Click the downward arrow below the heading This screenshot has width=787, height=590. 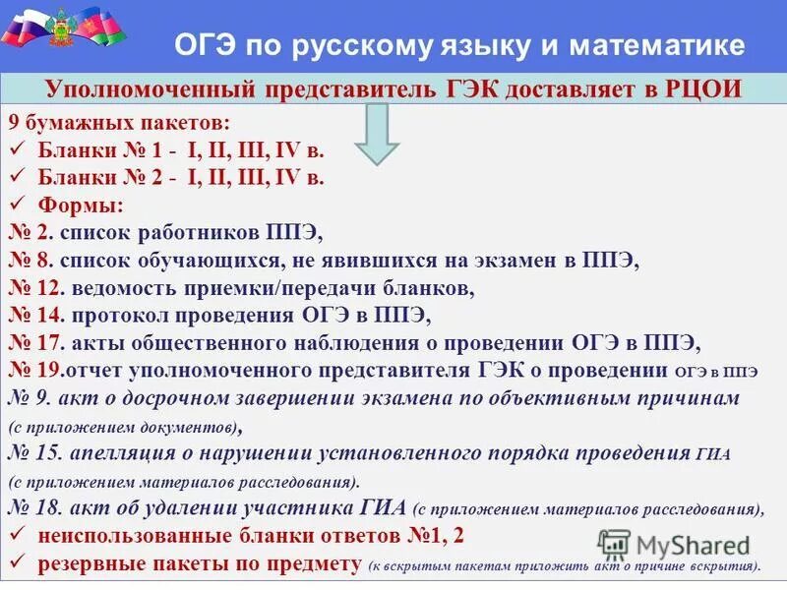coord(376,135)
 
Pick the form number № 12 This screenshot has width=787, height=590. coord(35,289)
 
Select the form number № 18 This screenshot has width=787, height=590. coord(35,508)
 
